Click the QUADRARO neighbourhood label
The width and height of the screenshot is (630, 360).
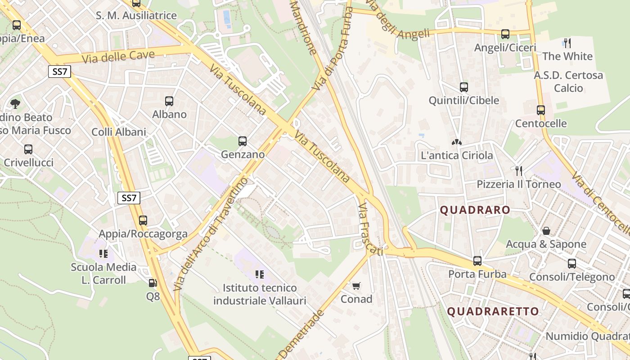click(x=475, y=210)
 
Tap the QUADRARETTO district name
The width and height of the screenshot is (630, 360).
click(x=493, y=311)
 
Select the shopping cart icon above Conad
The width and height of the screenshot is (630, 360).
click(x=356, y=286)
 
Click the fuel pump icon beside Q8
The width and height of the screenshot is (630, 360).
click(x=153, y=283)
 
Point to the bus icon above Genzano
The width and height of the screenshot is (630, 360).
click(x=243, y=141)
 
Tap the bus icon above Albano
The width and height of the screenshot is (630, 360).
click(x=169, y=101)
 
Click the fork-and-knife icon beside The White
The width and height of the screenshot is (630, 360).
click(x=567, y=43)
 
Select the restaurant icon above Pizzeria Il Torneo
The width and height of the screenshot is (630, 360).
click(x=519, y=171)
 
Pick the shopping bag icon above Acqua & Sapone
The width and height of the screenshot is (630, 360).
click(x=546, y=231)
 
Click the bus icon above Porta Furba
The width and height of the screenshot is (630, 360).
click(x=477, y=261)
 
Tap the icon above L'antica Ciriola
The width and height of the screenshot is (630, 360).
click(x=457, y=142)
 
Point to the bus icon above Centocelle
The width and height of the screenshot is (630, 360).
click(x=541, y=110)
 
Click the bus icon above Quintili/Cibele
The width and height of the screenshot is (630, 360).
click(x=464, y=87)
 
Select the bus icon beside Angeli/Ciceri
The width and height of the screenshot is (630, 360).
click(x=505, y=34)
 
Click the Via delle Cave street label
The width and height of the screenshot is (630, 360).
click(x=118, y=57)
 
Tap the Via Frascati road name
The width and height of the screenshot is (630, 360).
click(x=370, y=229)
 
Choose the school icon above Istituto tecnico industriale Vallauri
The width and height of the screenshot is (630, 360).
click(x=259, y=274)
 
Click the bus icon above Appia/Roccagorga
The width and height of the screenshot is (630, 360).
click(x=143, y=220)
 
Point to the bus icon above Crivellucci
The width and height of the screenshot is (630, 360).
click(x=28, y=149)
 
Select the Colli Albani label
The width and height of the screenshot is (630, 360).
click(x=119, y=132)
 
